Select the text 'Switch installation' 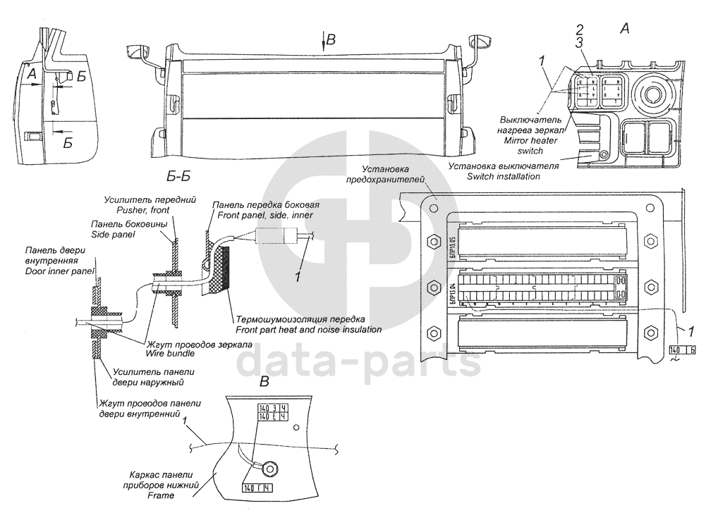coord(503,176)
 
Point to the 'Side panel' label coord(110,233)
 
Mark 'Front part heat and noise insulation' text coord(309,329)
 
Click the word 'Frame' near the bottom coord(161,495)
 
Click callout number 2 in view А coord(580,30)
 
